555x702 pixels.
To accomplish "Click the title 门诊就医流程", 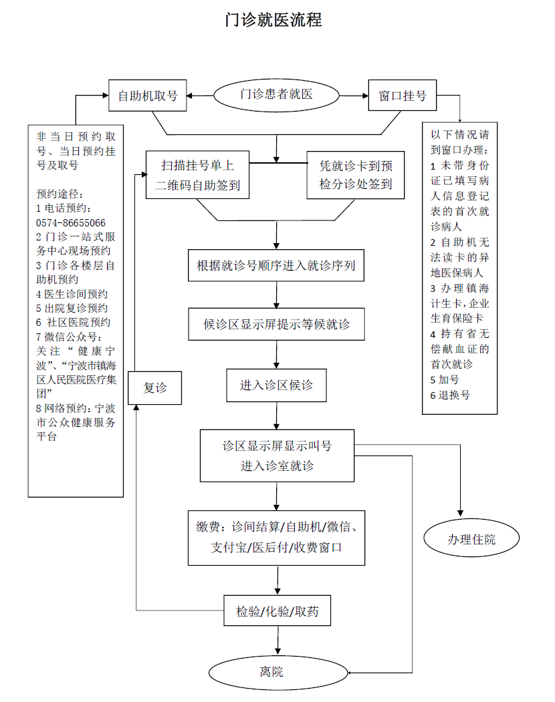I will click(x=273, y=20).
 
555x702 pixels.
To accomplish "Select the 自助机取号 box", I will click(x=148, y=96).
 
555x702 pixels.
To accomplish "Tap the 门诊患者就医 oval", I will click(x=276, y=95).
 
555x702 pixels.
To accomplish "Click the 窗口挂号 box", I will click(x=403, y=96).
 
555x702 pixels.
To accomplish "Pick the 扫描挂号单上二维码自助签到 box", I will click(x=197, y=174).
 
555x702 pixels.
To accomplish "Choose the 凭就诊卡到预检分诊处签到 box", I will click(x=356, y=174).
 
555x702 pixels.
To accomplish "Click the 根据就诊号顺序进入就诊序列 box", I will click(x=276, y=266).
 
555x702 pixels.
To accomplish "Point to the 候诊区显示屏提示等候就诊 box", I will click(x=276, y=325).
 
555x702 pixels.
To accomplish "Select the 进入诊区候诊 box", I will click(x=276, y=385).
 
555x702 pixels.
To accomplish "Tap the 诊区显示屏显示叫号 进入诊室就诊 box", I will click(x=277, y=456).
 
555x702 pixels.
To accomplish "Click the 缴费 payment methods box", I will click(x=276, y=538).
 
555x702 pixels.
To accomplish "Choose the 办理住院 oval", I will click(x=471, y=540).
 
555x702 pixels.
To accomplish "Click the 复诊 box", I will click(x=156, y=387).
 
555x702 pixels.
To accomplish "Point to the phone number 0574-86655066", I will click(x=71, y=222).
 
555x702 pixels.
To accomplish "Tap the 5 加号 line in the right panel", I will click(x=445, y=379).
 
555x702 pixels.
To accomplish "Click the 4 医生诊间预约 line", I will click(x=72, y=294).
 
